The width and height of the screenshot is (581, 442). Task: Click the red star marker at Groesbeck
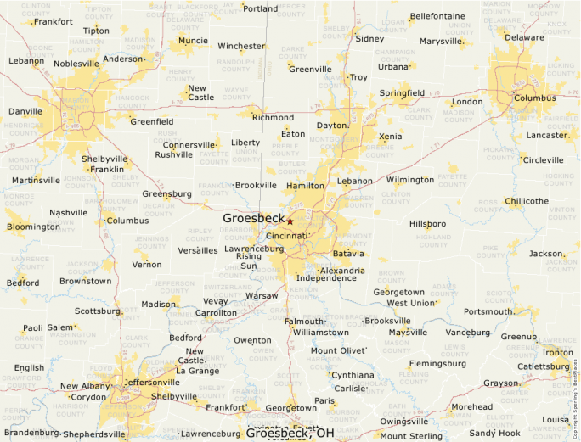290,221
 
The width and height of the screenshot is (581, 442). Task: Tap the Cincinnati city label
286,236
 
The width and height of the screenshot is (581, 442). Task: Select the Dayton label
332,126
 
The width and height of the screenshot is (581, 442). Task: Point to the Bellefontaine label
437,16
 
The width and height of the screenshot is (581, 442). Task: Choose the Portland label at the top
260,8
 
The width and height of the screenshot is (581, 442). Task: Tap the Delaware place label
524,37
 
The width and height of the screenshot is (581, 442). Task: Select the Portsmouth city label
488,311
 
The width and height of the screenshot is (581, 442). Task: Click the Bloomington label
33,227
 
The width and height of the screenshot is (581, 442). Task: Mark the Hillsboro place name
427,224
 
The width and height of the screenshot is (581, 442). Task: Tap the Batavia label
348,254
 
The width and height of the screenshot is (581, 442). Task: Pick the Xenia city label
391,137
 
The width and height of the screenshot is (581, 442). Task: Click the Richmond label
273,118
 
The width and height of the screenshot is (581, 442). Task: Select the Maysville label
408,332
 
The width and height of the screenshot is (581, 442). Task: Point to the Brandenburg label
30,433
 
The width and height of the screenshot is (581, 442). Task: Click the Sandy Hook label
494,433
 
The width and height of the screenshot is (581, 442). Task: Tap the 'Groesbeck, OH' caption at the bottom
290,434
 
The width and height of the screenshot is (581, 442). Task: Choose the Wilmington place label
409,180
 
